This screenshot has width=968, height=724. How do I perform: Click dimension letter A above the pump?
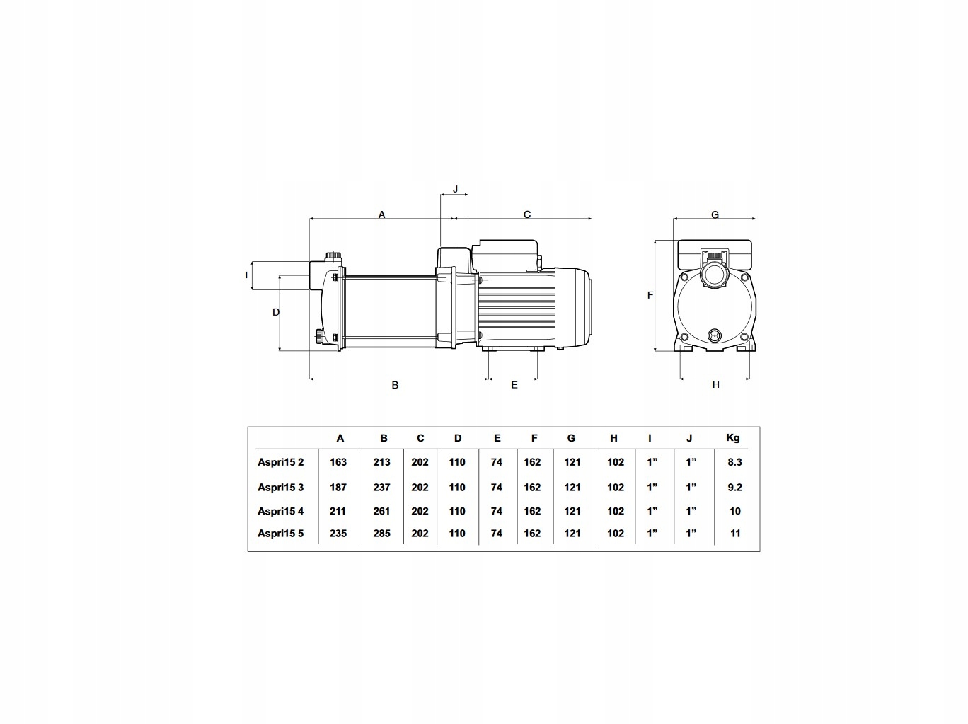pos(382,214)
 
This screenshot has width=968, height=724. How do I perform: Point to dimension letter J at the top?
pos(456,189)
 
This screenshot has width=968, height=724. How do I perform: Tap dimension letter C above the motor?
pos(527,214)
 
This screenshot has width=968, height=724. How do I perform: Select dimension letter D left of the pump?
pos(276,312)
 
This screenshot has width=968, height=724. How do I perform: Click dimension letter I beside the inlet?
pos(246,275)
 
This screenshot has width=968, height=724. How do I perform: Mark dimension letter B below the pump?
pos(395,386)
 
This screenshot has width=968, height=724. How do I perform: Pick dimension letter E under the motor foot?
pos(514,386)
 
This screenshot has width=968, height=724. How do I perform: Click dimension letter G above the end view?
pos(715,214)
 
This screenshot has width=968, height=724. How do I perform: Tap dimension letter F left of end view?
pos(650,295)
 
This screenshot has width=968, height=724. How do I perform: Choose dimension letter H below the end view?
pos(716,385)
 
